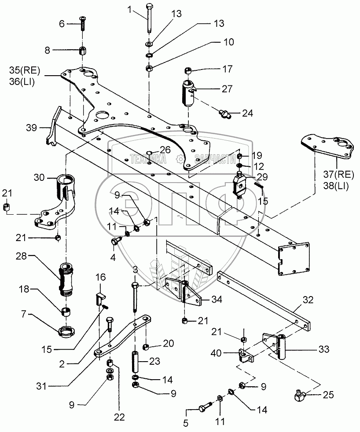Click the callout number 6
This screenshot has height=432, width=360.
pos(62,24)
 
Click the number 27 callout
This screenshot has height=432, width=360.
pos(227,89)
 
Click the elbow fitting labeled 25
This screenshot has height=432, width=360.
pos(302,396)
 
